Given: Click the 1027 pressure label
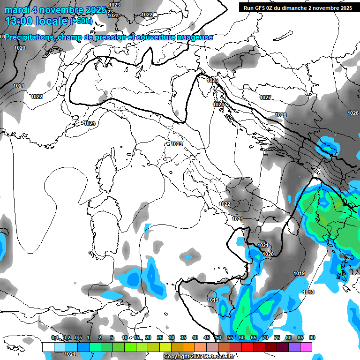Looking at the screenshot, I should pos(265,97).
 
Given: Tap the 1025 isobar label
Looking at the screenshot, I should pos(212,80).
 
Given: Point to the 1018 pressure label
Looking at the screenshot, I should pos(308,292).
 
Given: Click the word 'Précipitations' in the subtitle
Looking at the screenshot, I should pos(29,37).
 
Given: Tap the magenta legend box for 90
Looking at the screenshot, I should pos(306,347).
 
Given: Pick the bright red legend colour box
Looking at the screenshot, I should pos(247,347).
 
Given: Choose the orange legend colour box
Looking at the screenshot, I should pos(189,347).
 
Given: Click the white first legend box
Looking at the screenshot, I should pos(48,347).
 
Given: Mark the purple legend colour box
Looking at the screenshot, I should pos(294,347).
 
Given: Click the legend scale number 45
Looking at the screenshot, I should pos(207,337).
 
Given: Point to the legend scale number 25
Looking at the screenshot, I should pos(159,337).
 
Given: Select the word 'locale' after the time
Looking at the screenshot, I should pos(52,21).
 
